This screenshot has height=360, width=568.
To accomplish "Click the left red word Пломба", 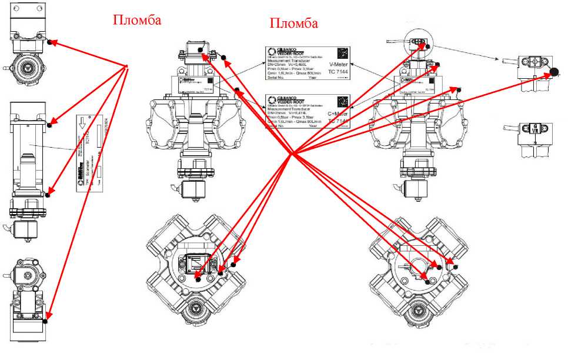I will pos(136,20).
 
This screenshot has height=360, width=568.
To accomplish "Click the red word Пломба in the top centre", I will pos(293,24).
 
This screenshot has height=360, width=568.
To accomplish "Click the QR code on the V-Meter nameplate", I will pos(343,52).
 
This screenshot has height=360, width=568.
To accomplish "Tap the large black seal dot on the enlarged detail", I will pos(553,72).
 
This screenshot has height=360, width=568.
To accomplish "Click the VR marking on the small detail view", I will pos(535,130).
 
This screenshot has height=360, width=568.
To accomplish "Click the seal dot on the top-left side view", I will pos(51,42).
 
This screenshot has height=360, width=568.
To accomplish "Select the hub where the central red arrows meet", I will pos(292,154).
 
